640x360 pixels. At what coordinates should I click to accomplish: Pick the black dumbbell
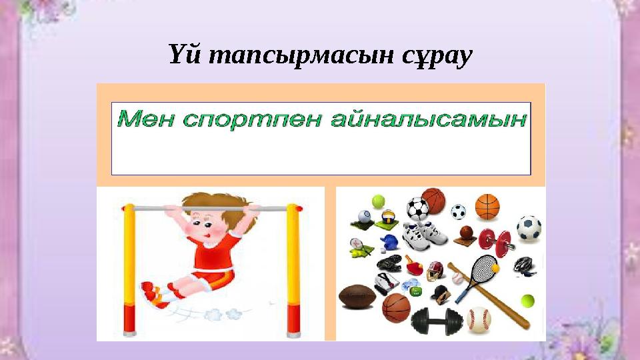(437, 320)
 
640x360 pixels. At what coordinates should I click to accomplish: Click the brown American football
(358, 296)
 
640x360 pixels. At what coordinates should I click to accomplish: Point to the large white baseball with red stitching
(479, 319)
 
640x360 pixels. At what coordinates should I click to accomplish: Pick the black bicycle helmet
(524, 265)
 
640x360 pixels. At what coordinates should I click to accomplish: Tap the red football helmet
(435, 271)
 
